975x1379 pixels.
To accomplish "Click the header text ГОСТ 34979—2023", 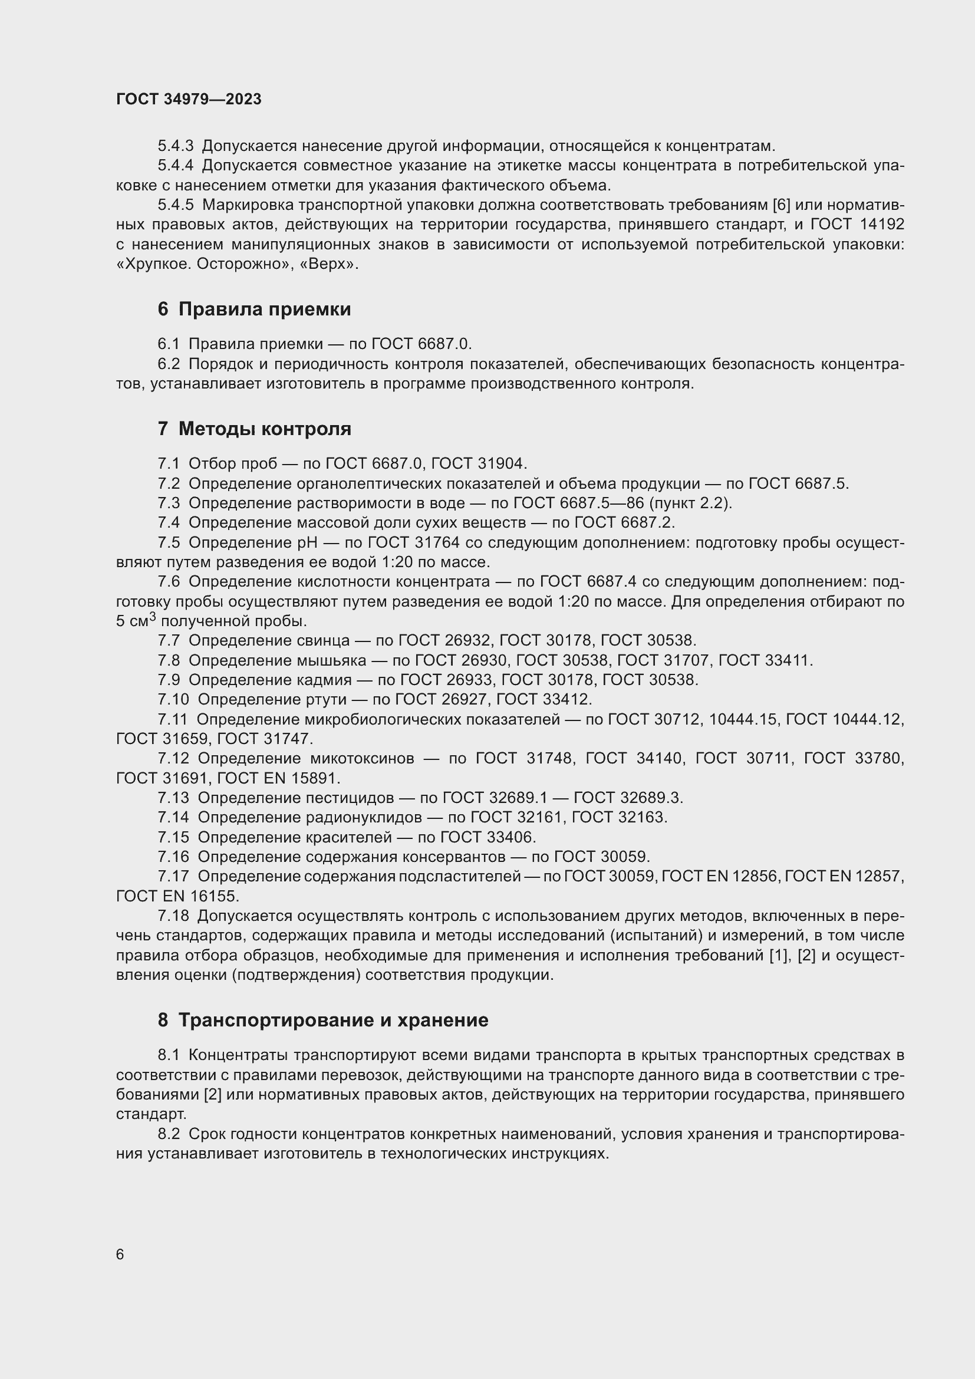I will [189, 99].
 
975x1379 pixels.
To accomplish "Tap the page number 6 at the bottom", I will [120, 1255].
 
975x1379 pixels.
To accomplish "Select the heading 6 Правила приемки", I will [254, 310].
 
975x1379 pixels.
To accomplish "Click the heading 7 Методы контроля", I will [254, 429].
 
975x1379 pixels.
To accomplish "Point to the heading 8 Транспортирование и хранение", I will [323, 1020].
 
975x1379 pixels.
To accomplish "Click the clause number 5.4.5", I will [175, 205].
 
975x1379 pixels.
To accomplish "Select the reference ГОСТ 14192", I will [857, 225].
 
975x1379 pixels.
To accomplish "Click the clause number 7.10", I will [173, 699].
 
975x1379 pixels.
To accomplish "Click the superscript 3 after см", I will [153, 616].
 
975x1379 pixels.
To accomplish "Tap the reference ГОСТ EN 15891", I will [278, 778].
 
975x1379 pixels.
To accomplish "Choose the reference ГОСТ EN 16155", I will [177, 896].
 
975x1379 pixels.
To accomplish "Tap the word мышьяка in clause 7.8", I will [331, 660].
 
